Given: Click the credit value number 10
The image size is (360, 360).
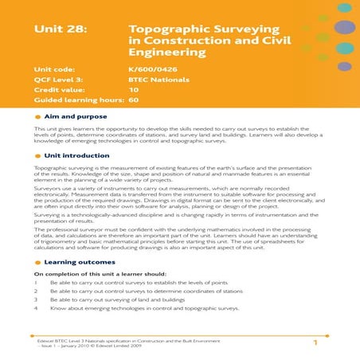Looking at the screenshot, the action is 132,91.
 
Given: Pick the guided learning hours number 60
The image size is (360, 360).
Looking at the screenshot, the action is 133,101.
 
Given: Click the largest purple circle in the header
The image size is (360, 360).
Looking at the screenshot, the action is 344,27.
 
